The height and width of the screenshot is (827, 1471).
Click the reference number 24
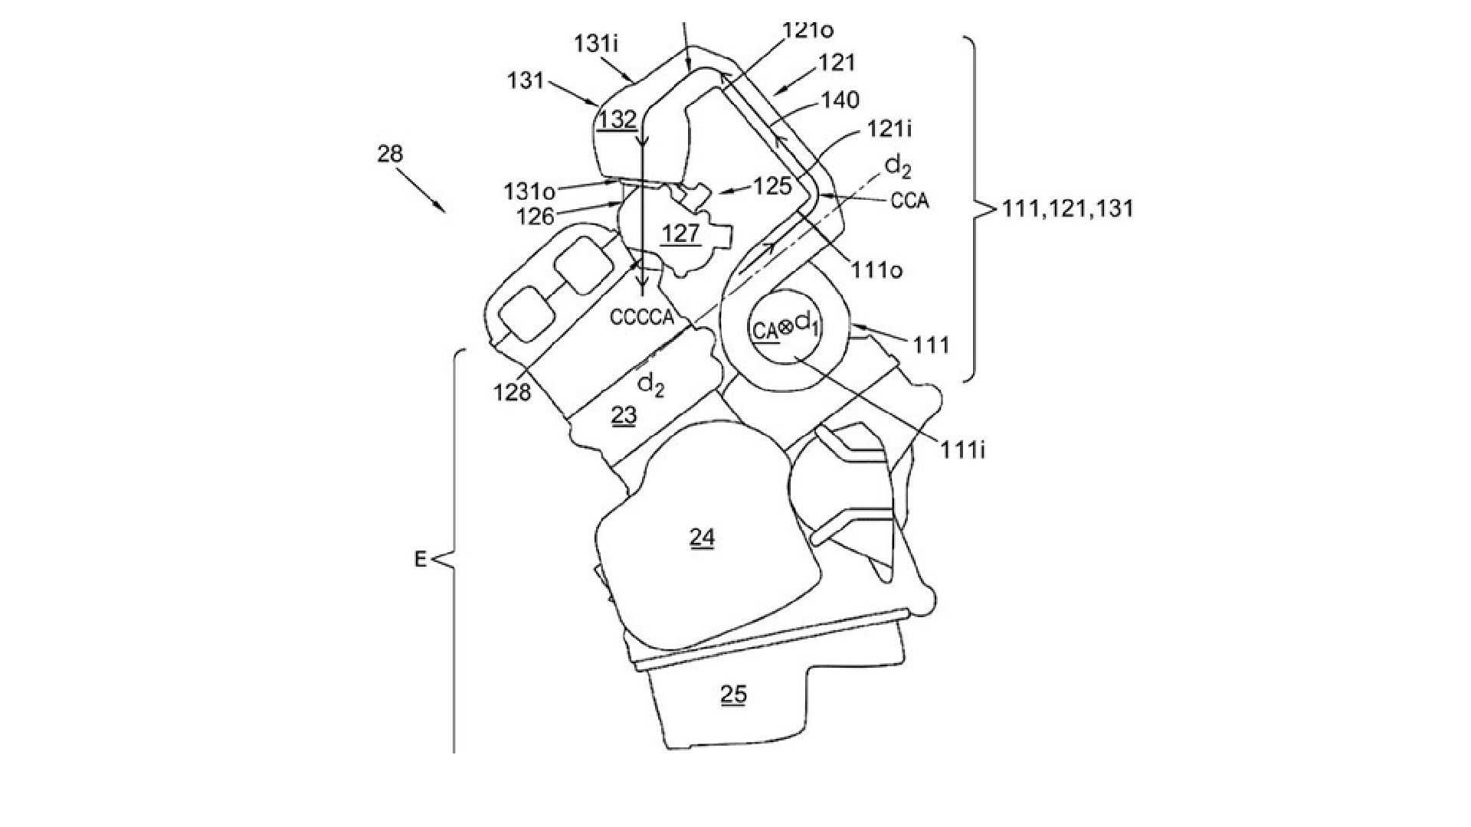pyautogui.click(x=702, y=538)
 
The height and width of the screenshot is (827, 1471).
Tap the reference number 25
pyautogui.click(x=733, y=694)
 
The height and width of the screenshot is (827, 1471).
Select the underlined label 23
pyautogui.click(x=623, y=415)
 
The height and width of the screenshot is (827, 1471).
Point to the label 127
pyautogui.click(x=681, y=233)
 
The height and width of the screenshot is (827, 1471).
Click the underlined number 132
pyautogui.click(x=618, y=120)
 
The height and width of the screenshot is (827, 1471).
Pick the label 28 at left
pyautogui.click(x=390, y=154)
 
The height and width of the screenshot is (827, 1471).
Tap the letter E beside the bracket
pyautogui.click(x=420, y=560)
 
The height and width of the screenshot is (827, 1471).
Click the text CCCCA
pyautogui.click(x=641, y=316)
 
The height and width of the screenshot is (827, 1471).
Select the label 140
pyautogui.click(x=840, y=100)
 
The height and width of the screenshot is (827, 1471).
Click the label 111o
pyautogui.click(x=875, y=270)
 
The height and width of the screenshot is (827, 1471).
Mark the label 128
pyautogui.click(x=513, y=393)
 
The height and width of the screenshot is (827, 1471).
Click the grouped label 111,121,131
pyautogui.click(x=1067, y=208)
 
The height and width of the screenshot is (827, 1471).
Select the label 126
pyautogui.click(x=535, y=217)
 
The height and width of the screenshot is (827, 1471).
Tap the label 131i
pyautogui.click(x=596, y=45)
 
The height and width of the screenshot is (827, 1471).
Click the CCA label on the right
pyautogui.click(x=910, y=201)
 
